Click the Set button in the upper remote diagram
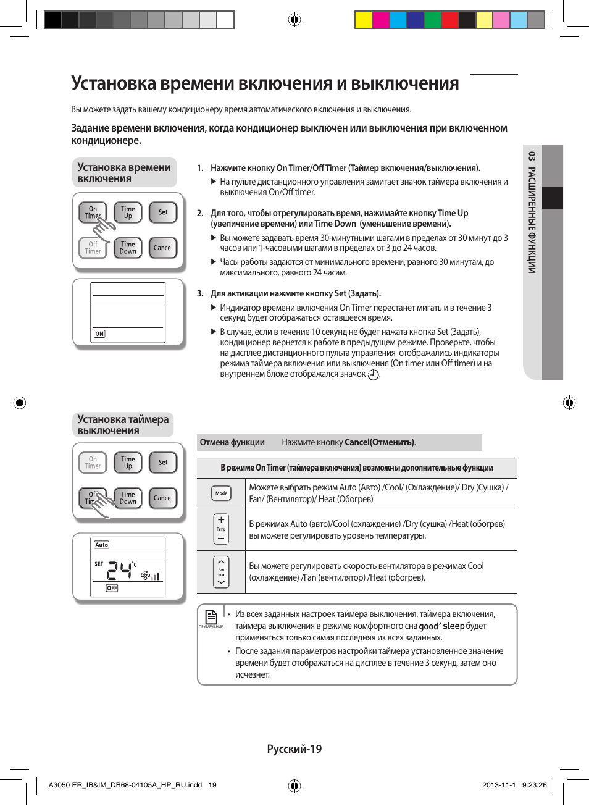pos(163,212)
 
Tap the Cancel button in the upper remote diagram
pos(163,248)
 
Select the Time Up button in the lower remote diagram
pos(128,463)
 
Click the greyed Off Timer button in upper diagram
pos(93,248)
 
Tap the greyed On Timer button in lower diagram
pos(93,463)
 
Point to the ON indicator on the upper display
pos(99,334)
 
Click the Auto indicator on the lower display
pos(102,545)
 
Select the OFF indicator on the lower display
pos(112,588)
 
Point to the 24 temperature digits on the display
pos(120,570)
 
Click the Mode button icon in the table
pos(221,493)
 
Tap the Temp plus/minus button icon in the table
pos(221,529)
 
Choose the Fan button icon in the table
pos(221,572)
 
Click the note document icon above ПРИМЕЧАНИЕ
pos(211,616)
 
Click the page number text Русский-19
pos(294,749)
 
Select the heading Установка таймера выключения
pos(123,425)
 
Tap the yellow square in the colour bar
pos(363,20)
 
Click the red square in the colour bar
pos(450,20)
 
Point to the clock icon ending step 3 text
pos(373,375)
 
